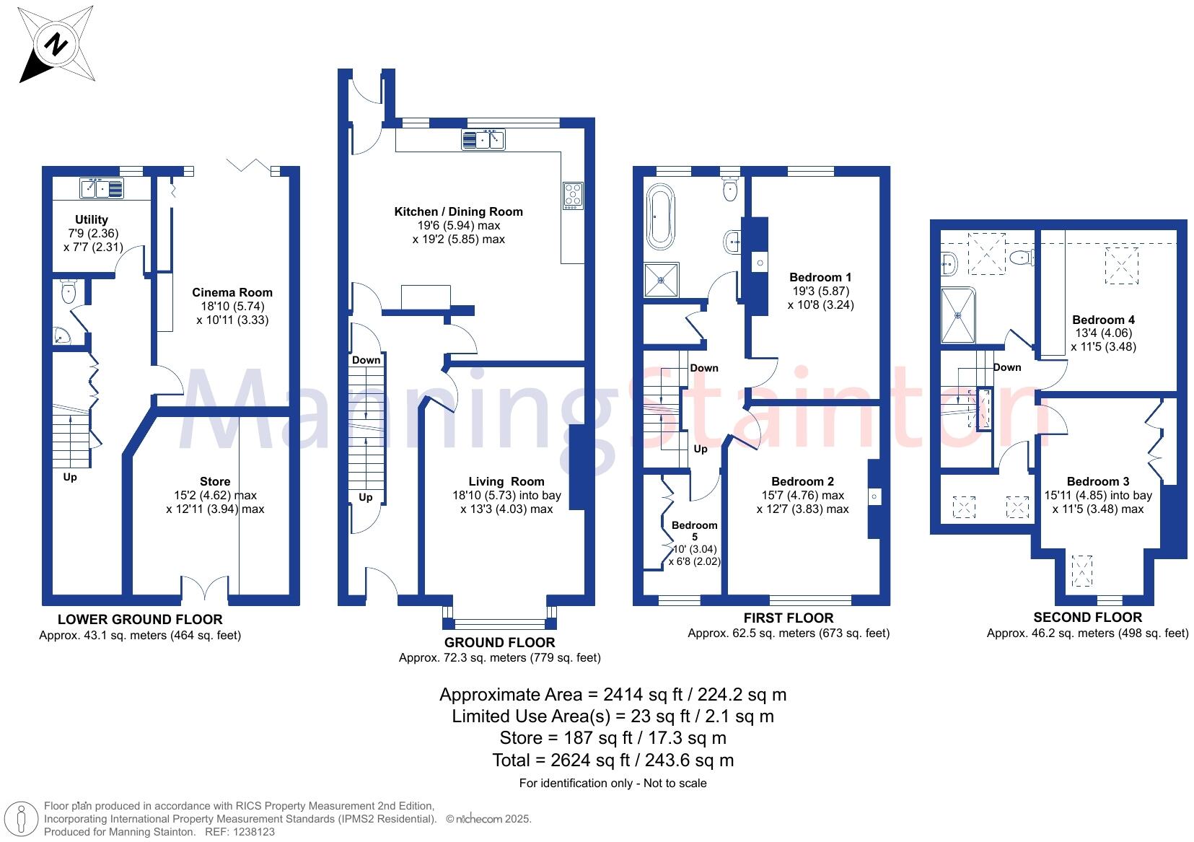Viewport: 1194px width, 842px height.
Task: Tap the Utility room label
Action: click(x=92, y=219)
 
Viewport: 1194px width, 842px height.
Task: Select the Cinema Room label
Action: click(x=232, y=292)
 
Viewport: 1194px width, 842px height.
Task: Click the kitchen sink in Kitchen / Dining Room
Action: click(x=483, y=139)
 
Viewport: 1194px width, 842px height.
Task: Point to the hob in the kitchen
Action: click(x=573, y=196)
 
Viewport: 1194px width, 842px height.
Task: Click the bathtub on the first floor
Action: click(x=659, y=216)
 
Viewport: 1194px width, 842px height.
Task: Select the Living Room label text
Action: click(x=506, y=481)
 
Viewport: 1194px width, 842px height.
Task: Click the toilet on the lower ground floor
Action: click(x=69, y=292)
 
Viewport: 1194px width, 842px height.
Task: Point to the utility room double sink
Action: click(x=102, y=189)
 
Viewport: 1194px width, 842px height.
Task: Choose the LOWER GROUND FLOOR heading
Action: click(x=140, y=619)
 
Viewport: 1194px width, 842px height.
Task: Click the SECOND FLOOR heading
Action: click(x=1087, y=617)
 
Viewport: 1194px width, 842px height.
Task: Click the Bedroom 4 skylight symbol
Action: click(x=1121, y=266)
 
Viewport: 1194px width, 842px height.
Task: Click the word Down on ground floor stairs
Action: click(x=366, y=360)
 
